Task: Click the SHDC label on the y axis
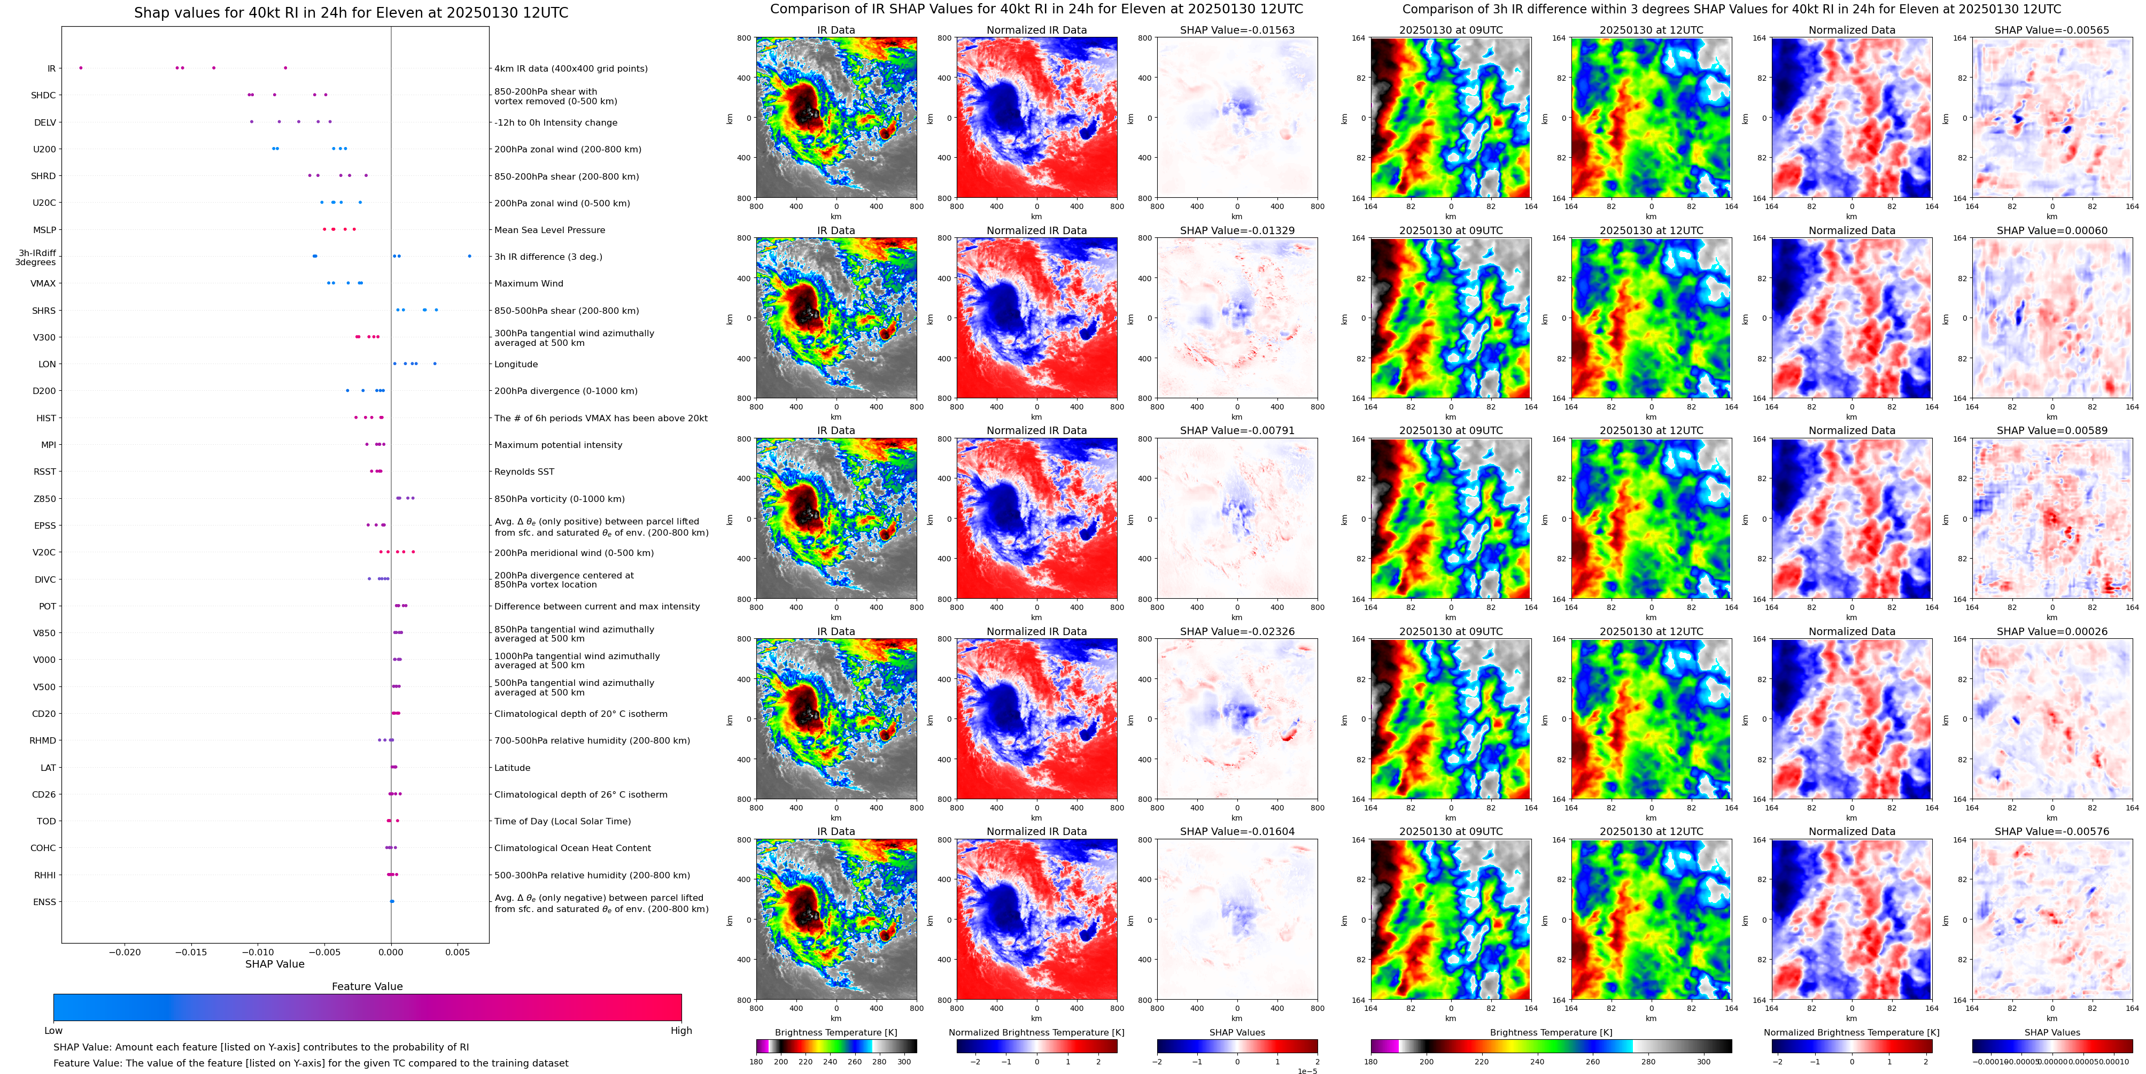43,96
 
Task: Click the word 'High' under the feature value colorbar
680,1031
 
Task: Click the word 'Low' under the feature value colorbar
53,1031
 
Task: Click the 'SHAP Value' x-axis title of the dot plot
274,964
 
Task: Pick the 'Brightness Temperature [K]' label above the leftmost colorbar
835,1032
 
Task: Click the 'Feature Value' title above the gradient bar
367,986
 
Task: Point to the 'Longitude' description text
516,364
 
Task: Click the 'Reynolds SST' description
523,472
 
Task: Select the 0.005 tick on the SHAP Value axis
456,952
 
